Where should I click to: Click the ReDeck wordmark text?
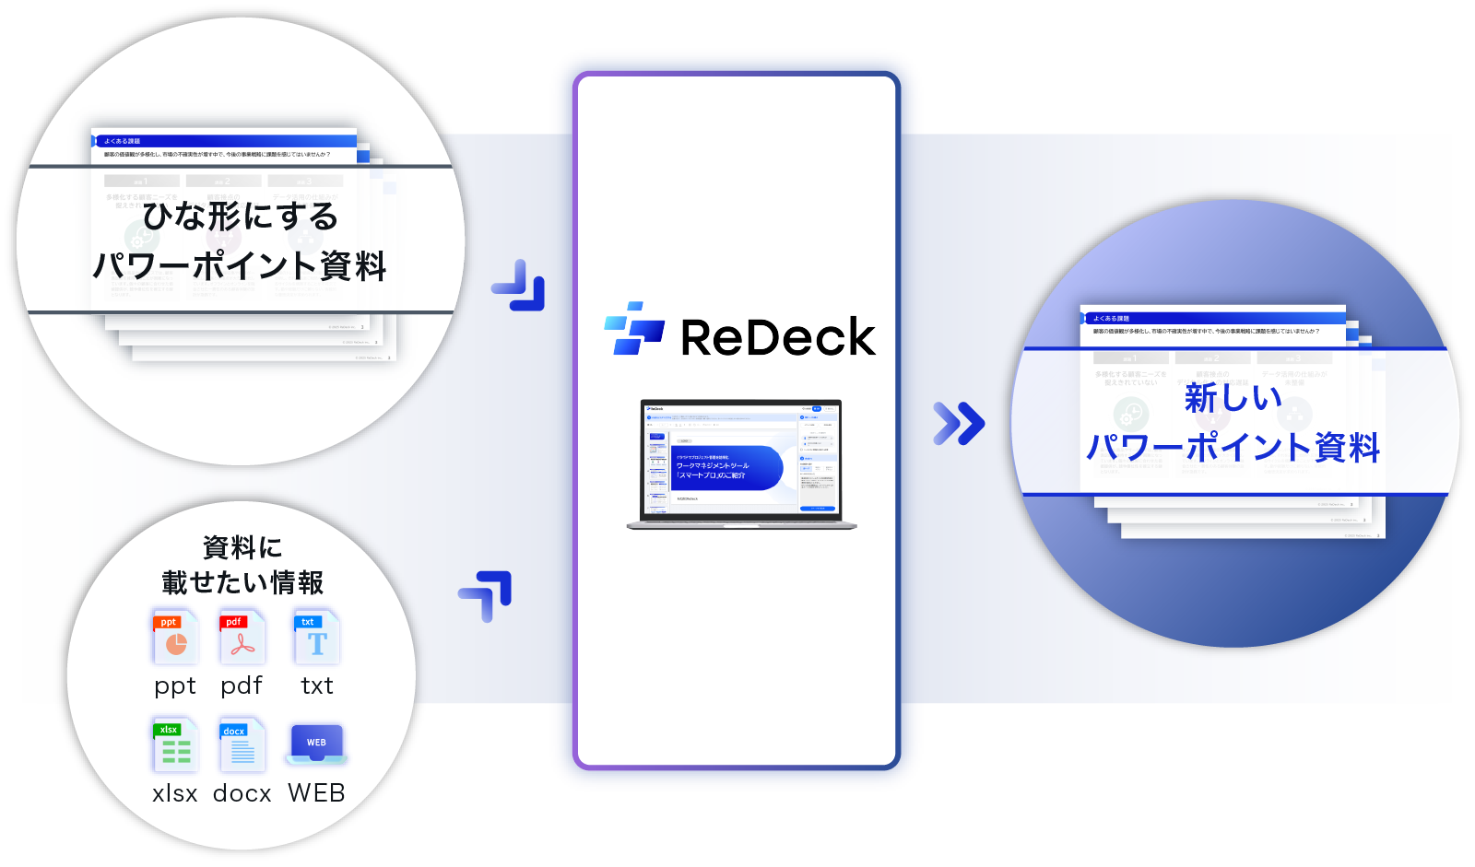(x=778, y=337)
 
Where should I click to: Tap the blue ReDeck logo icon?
(x=634, y=329)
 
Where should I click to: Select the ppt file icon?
(x=175, y=638)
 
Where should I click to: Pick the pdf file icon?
(x=242, y=638)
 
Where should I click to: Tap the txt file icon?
(x=316, y=638)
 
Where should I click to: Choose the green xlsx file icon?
(x=174, y=745)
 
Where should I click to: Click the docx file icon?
(x=242, y=745)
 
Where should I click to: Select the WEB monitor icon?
(x=316, y=744)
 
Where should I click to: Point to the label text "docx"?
(x=242, y=793)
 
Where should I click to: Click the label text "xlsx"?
(x=174, y=793)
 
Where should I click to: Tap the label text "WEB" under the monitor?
(x=316, y=793)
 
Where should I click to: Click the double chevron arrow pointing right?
(x=959, y=423)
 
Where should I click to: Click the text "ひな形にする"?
(x=241, y=217)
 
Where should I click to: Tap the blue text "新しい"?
(x=1233, y=398)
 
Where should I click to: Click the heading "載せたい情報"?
(x=242, y=582)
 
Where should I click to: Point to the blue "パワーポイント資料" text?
(x=1233, y=448)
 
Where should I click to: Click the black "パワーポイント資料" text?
(x=240, y=266)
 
